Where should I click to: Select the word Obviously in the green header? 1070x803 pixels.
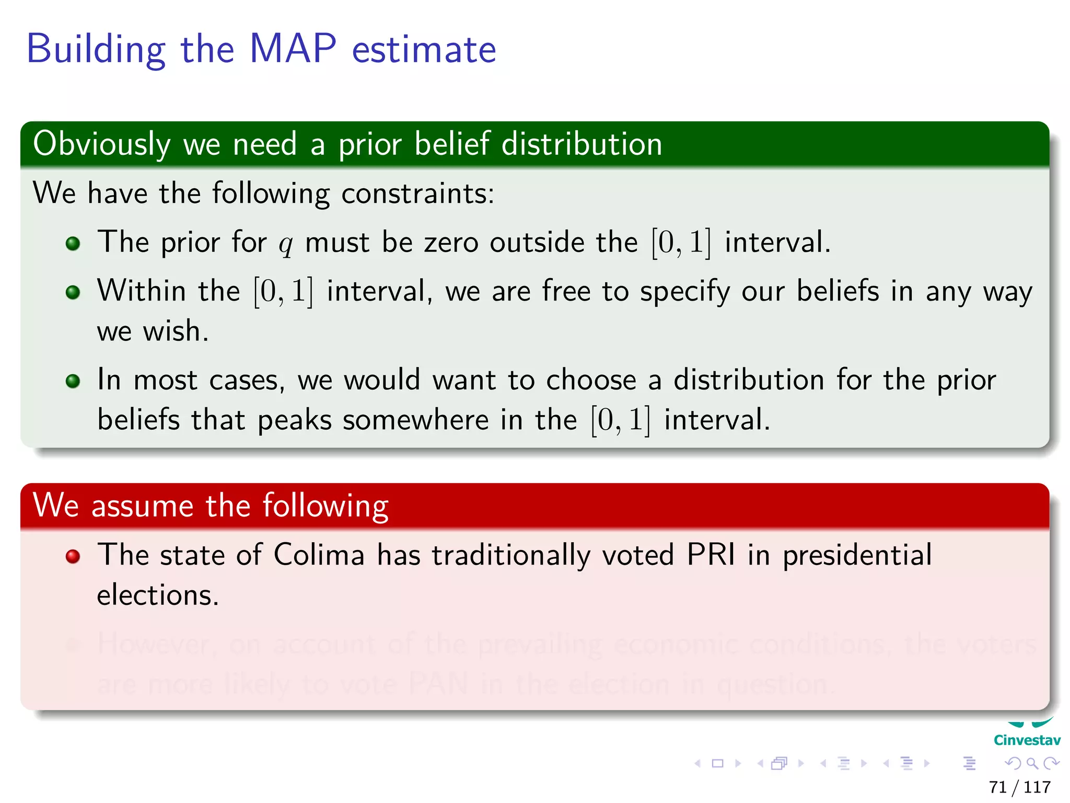coord(102,144)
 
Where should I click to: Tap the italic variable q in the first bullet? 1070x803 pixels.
coord(285,244)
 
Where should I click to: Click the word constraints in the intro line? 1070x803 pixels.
coord(417,193)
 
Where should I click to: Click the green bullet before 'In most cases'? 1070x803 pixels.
coord(73,381)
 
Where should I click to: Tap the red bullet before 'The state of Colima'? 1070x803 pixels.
coord(73,556)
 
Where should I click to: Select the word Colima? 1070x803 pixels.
coord(319,555)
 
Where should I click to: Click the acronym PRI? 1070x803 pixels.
coord(711,555)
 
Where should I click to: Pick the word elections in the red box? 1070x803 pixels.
coord(157,595)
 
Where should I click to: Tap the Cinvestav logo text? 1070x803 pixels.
coord(1027,740)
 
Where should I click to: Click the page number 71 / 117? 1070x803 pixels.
coord(1019,787)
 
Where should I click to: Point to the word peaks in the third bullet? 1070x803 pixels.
coord(294,420)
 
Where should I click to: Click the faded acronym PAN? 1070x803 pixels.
coord(438,684)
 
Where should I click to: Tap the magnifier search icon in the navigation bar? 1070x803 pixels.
coord(1032,763)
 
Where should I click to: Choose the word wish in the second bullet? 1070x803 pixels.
coord(175,331)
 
